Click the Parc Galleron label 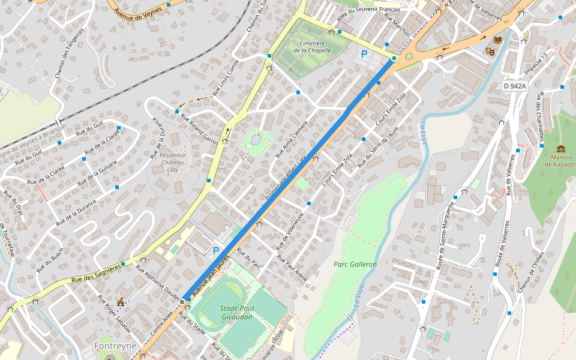click(x=355, y=264)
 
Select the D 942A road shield click(x=514, y=86)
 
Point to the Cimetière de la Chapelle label click(x=312, y=47)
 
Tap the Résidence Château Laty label click(x=173, y=162)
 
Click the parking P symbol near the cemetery click(x=364, y=54)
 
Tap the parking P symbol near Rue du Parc click(x=215, y=251)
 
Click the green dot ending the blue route click(x=394, y=58)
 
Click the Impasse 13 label click(x=536, y=64)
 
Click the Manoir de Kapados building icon click(x=560, y=149)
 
